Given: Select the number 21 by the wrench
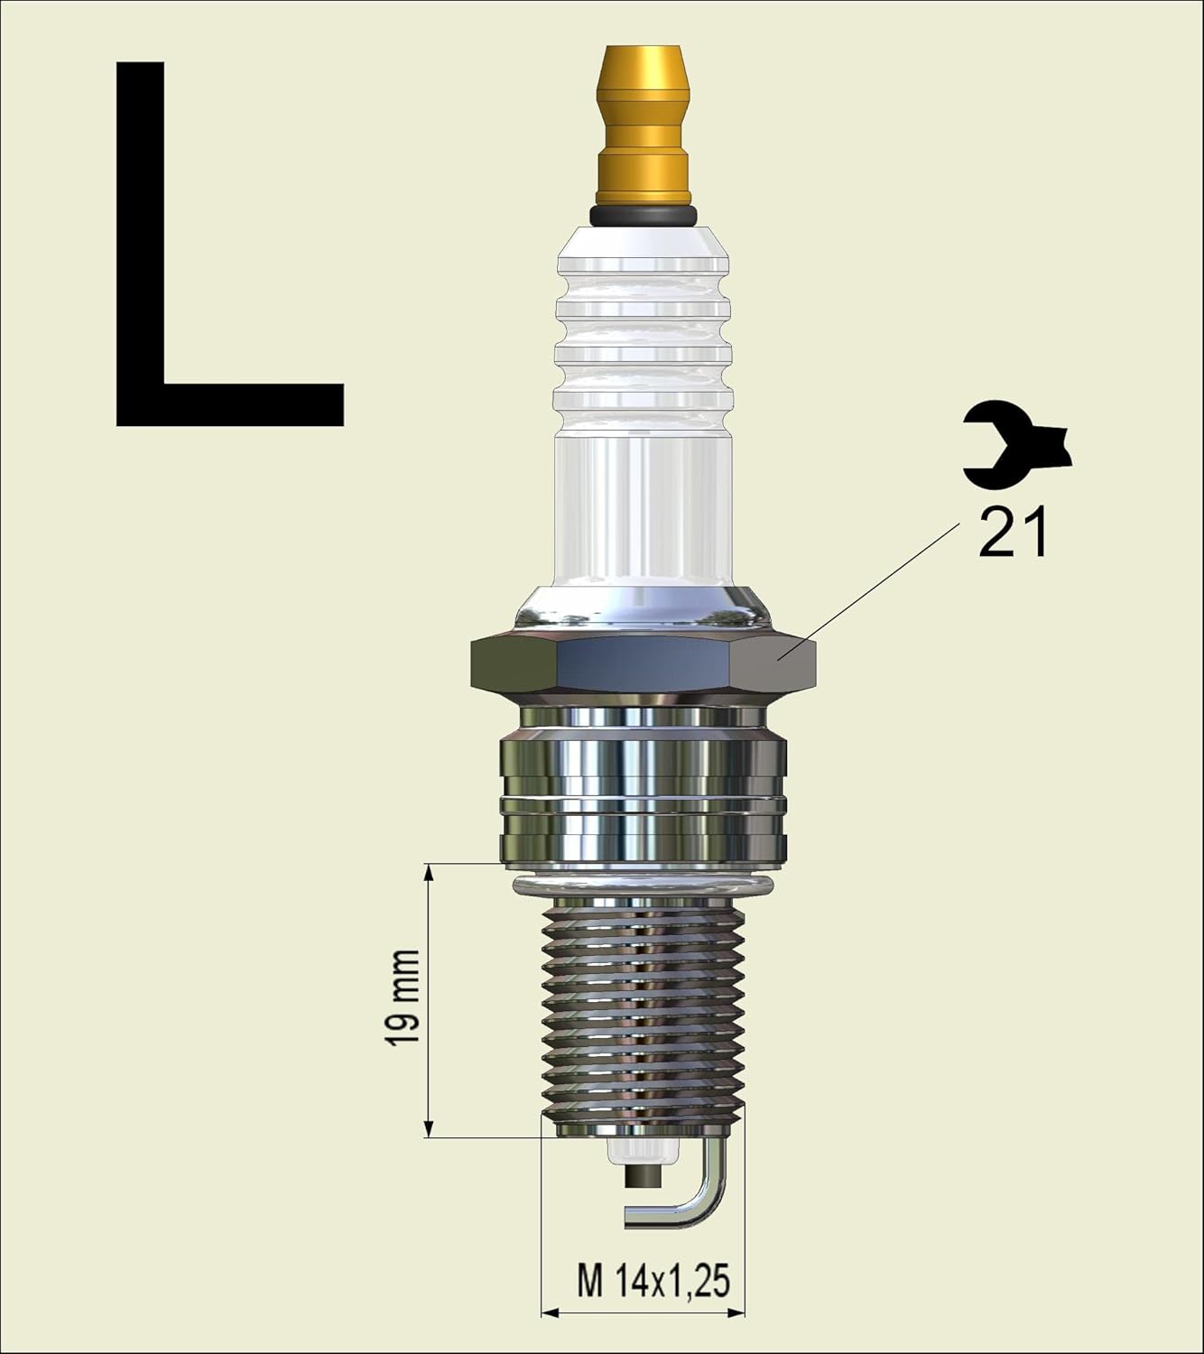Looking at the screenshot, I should [1013, 533].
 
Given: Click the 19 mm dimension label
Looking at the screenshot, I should [403, 997].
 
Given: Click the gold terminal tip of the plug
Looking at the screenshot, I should [644, 126].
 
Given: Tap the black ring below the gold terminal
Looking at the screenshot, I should [644, 215].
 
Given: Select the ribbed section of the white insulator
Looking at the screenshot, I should [644, 334].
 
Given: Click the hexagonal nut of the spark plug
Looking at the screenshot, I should [644, 663].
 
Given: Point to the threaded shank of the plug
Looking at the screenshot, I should [644, 1011].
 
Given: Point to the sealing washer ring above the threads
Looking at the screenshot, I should [644, 885].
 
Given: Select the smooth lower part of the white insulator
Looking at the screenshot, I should [644, 515].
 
